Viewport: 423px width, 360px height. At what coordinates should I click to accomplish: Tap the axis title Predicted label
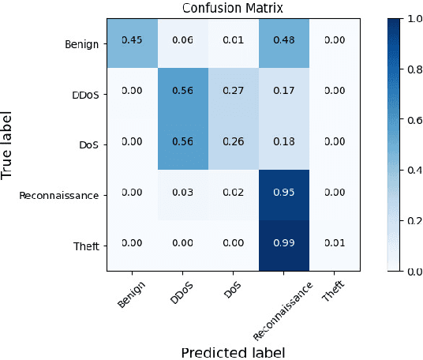(x=233, y=351)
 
